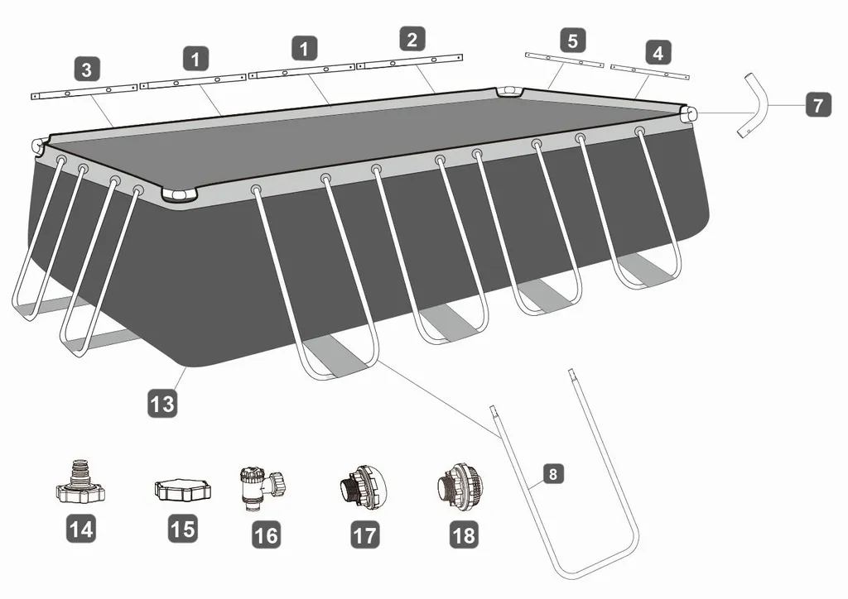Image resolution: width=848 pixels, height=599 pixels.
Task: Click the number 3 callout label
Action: point(87,69)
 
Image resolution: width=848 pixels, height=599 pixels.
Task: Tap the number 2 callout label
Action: point(412,39)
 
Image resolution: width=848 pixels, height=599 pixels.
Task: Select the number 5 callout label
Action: point(573,41)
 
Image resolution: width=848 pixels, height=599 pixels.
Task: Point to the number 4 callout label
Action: point(658,52)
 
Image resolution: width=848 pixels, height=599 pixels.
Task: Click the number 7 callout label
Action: point(818,103)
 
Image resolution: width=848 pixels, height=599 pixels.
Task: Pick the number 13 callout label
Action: point(163,404)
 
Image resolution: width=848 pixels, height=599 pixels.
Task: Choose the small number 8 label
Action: point(552,474)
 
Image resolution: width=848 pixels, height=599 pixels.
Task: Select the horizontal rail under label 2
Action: point(410,61)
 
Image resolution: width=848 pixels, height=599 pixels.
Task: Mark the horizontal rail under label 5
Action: point(565,60)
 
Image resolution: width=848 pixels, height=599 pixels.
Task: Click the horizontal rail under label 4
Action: point(650,71)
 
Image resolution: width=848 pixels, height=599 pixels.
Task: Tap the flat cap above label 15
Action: point(183,490)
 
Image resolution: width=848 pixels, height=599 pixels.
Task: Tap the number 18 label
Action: point(464,534)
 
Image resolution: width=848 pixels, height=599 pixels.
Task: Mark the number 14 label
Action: point(81,529)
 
